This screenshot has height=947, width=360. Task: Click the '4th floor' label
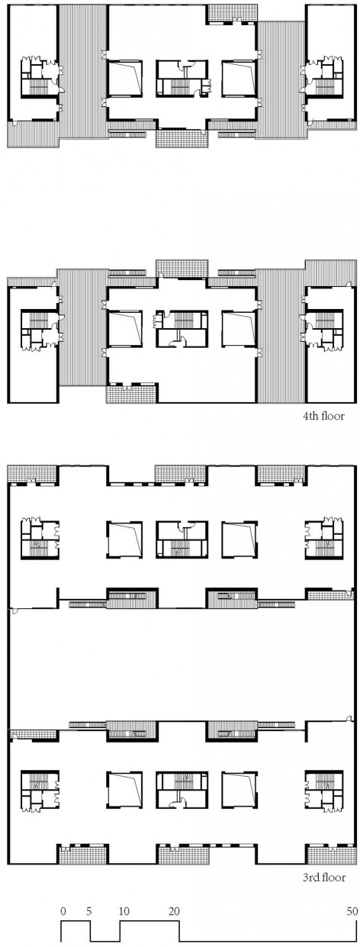pyautogui.click(x=323, y=416)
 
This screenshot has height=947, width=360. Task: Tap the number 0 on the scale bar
pyautogui.click(x=63, y=900)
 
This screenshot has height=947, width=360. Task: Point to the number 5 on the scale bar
pyautogui.click(x=88, y=900)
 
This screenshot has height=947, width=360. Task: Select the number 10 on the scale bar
pyautogui.click(x=124, y=900)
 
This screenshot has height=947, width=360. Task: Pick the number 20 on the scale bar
pyautogui.click(x=174, y=900)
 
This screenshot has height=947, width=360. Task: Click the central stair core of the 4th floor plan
pyautogui.click(x=182, y=329)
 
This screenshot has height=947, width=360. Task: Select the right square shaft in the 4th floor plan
pyautogui.click(x=239, y=329)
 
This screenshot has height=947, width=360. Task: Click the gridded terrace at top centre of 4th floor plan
pyautogui.click(x=182, y=269)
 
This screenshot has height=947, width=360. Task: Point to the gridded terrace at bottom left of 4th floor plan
pyautogui.click(x=131, y=393)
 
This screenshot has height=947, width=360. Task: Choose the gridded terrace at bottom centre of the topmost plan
pyautogui.click(x=182, y=138)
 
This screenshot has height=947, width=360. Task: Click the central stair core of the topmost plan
pyautogui.click(x=182, y=79)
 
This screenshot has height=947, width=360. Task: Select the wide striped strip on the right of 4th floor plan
pyautogui.click(x=281, y=335)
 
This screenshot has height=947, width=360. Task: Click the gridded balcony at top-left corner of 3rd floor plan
pyautogui.click(x=33, y=473)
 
